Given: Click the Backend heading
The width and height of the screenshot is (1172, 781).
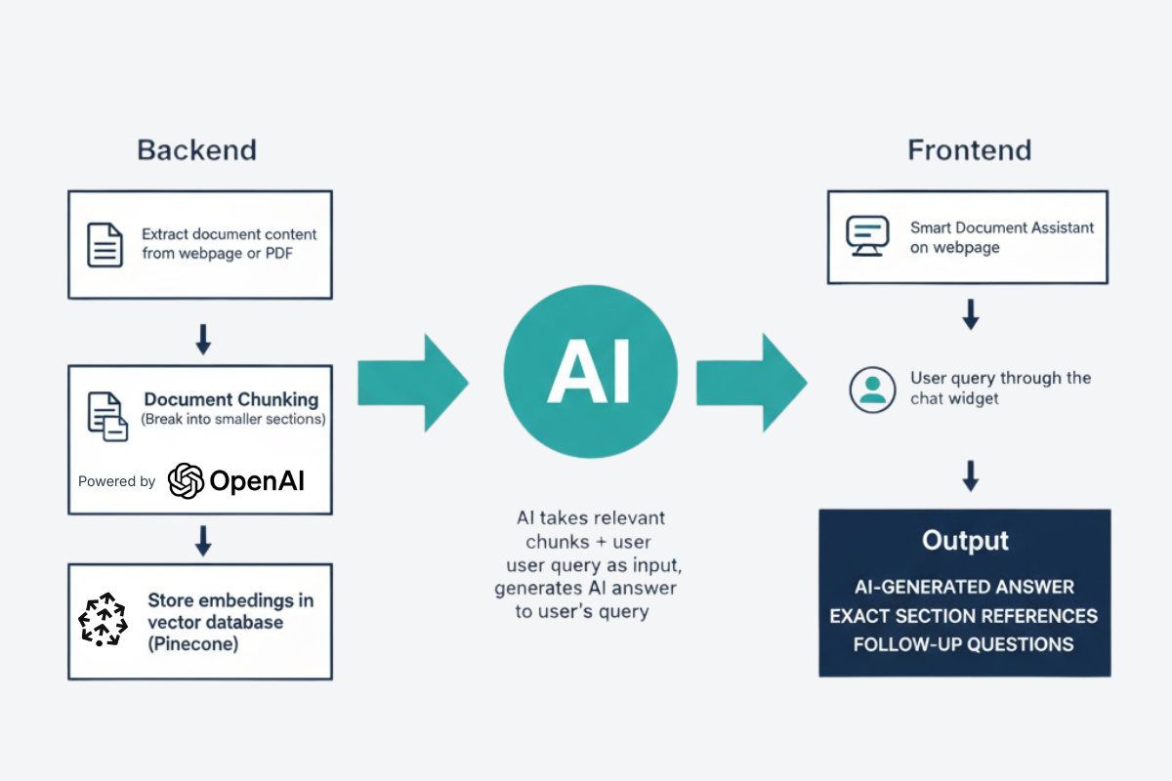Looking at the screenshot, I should click(196, 150).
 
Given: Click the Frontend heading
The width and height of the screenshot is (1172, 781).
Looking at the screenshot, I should click(969, 150).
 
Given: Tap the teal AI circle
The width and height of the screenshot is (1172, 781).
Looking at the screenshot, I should click(590, 373).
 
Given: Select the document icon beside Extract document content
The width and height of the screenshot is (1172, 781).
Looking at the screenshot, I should click(105, 245).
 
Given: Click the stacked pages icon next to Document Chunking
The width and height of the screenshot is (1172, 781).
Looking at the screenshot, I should click(107, 416).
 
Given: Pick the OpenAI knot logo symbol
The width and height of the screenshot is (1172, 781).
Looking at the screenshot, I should click(186, 480).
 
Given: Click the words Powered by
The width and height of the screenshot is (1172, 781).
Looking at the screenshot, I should click(116, 481).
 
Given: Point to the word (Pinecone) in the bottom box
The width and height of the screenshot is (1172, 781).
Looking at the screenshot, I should click(192, 644).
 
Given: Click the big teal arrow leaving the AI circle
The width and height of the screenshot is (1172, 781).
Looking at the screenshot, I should click(751, 383).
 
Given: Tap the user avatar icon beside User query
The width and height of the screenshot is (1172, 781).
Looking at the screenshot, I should click(872, 389).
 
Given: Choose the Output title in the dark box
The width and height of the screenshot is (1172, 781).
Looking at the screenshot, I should click(965, 541).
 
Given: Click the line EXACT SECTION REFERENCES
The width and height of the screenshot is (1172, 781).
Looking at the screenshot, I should click(963, 616).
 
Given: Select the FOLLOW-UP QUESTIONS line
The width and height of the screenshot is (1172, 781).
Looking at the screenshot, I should click(963, 644).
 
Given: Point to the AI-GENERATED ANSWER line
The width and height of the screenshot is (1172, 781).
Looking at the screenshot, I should click(963, 587).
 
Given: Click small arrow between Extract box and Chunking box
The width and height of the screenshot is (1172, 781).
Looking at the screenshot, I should click(202, 339).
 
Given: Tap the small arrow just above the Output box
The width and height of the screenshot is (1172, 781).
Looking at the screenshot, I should click(970, 475).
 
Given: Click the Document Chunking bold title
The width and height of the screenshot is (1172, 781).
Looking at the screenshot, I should click(231, 399).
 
